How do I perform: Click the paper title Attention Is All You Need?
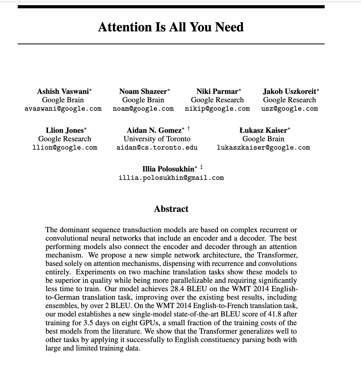pos(171,27)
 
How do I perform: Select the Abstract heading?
pos(171,209)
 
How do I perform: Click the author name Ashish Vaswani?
pos(63,91)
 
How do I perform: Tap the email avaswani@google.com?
pos(63,109)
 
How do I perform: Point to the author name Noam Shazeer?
pos(143,91)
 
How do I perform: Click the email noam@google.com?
pos(143,109)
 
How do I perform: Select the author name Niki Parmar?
pos(217,91)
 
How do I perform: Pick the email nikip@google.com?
pos(217,109)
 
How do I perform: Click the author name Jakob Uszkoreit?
pos(289,91)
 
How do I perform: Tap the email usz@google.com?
pos(289,109)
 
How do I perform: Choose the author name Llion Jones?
pos(65,130)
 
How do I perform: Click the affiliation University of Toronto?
pos(157,139)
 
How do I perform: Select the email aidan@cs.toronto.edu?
pos(157,148)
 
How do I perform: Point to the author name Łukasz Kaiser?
pos(263,130)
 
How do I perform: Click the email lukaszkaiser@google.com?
pos(263,148)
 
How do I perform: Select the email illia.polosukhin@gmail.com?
pos(171,178)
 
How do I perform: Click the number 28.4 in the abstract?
pos(176,289)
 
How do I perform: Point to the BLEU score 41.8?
pos(274,314)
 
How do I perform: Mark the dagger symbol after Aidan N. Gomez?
pos(188,128)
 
